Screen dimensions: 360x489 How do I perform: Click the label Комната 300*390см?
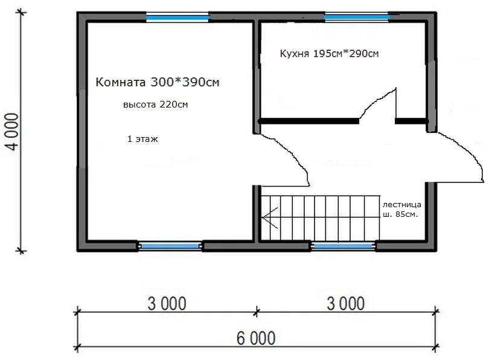157,83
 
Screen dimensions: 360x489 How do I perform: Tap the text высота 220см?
155,104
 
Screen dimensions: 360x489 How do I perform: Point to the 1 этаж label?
142,138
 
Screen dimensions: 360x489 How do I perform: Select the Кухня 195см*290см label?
329,54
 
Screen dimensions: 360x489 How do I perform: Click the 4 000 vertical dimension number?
13,132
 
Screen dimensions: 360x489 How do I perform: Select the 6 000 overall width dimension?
255,338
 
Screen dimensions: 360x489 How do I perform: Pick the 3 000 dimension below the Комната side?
166,303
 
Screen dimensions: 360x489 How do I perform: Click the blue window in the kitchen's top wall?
356,17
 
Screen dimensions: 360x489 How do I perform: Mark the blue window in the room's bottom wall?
170,246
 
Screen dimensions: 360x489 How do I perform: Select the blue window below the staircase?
343,246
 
